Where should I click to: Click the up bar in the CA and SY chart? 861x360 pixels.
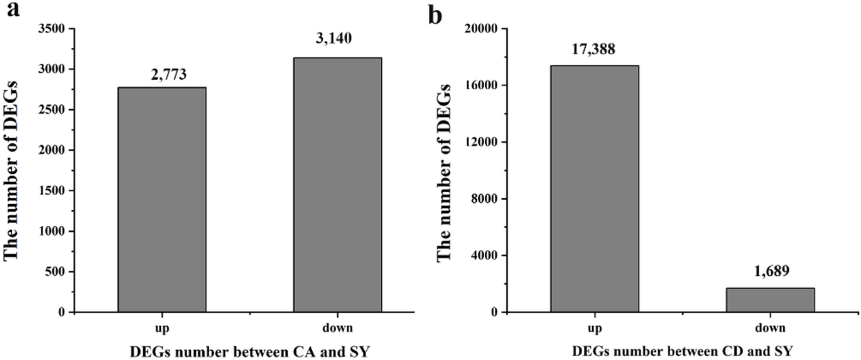pyautogui.click(x=162, y=200)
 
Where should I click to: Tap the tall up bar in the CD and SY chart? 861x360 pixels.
pyautogui.click(x=595, y=188)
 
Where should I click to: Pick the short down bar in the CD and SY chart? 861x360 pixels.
pyautogui.click(x=771, y=300)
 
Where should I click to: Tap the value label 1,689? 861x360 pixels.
pyautogui.click(x=771, y=273)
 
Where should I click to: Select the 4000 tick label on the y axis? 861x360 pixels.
pyautogui.click(x=483, y=256)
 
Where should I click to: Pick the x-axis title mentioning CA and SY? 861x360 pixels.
pyautogui.click(x=250, y=350)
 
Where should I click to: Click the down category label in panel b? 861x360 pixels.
pyautogui.click(x=771, y=327)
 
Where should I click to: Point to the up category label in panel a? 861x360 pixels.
pyautogui.click(x=162, y=327)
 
